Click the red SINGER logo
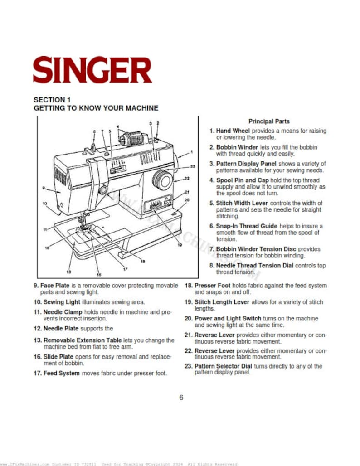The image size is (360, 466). [x=92, y=69]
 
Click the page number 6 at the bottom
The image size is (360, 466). [x=181, y=398]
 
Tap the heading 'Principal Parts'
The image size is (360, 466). [x=269, y=121]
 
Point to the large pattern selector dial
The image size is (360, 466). [x=161, y=180]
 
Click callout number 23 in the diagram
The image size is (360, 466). [x=192, y=166]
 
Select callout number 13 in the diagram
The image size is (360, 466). [x=69, y=272]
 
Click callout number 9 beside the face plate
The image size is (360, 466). [x=43, y=188]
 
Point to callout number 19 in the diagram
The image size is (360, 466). [x=180, y=245]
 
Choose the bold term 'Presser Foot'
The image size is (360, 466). [x=212, y=286]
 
